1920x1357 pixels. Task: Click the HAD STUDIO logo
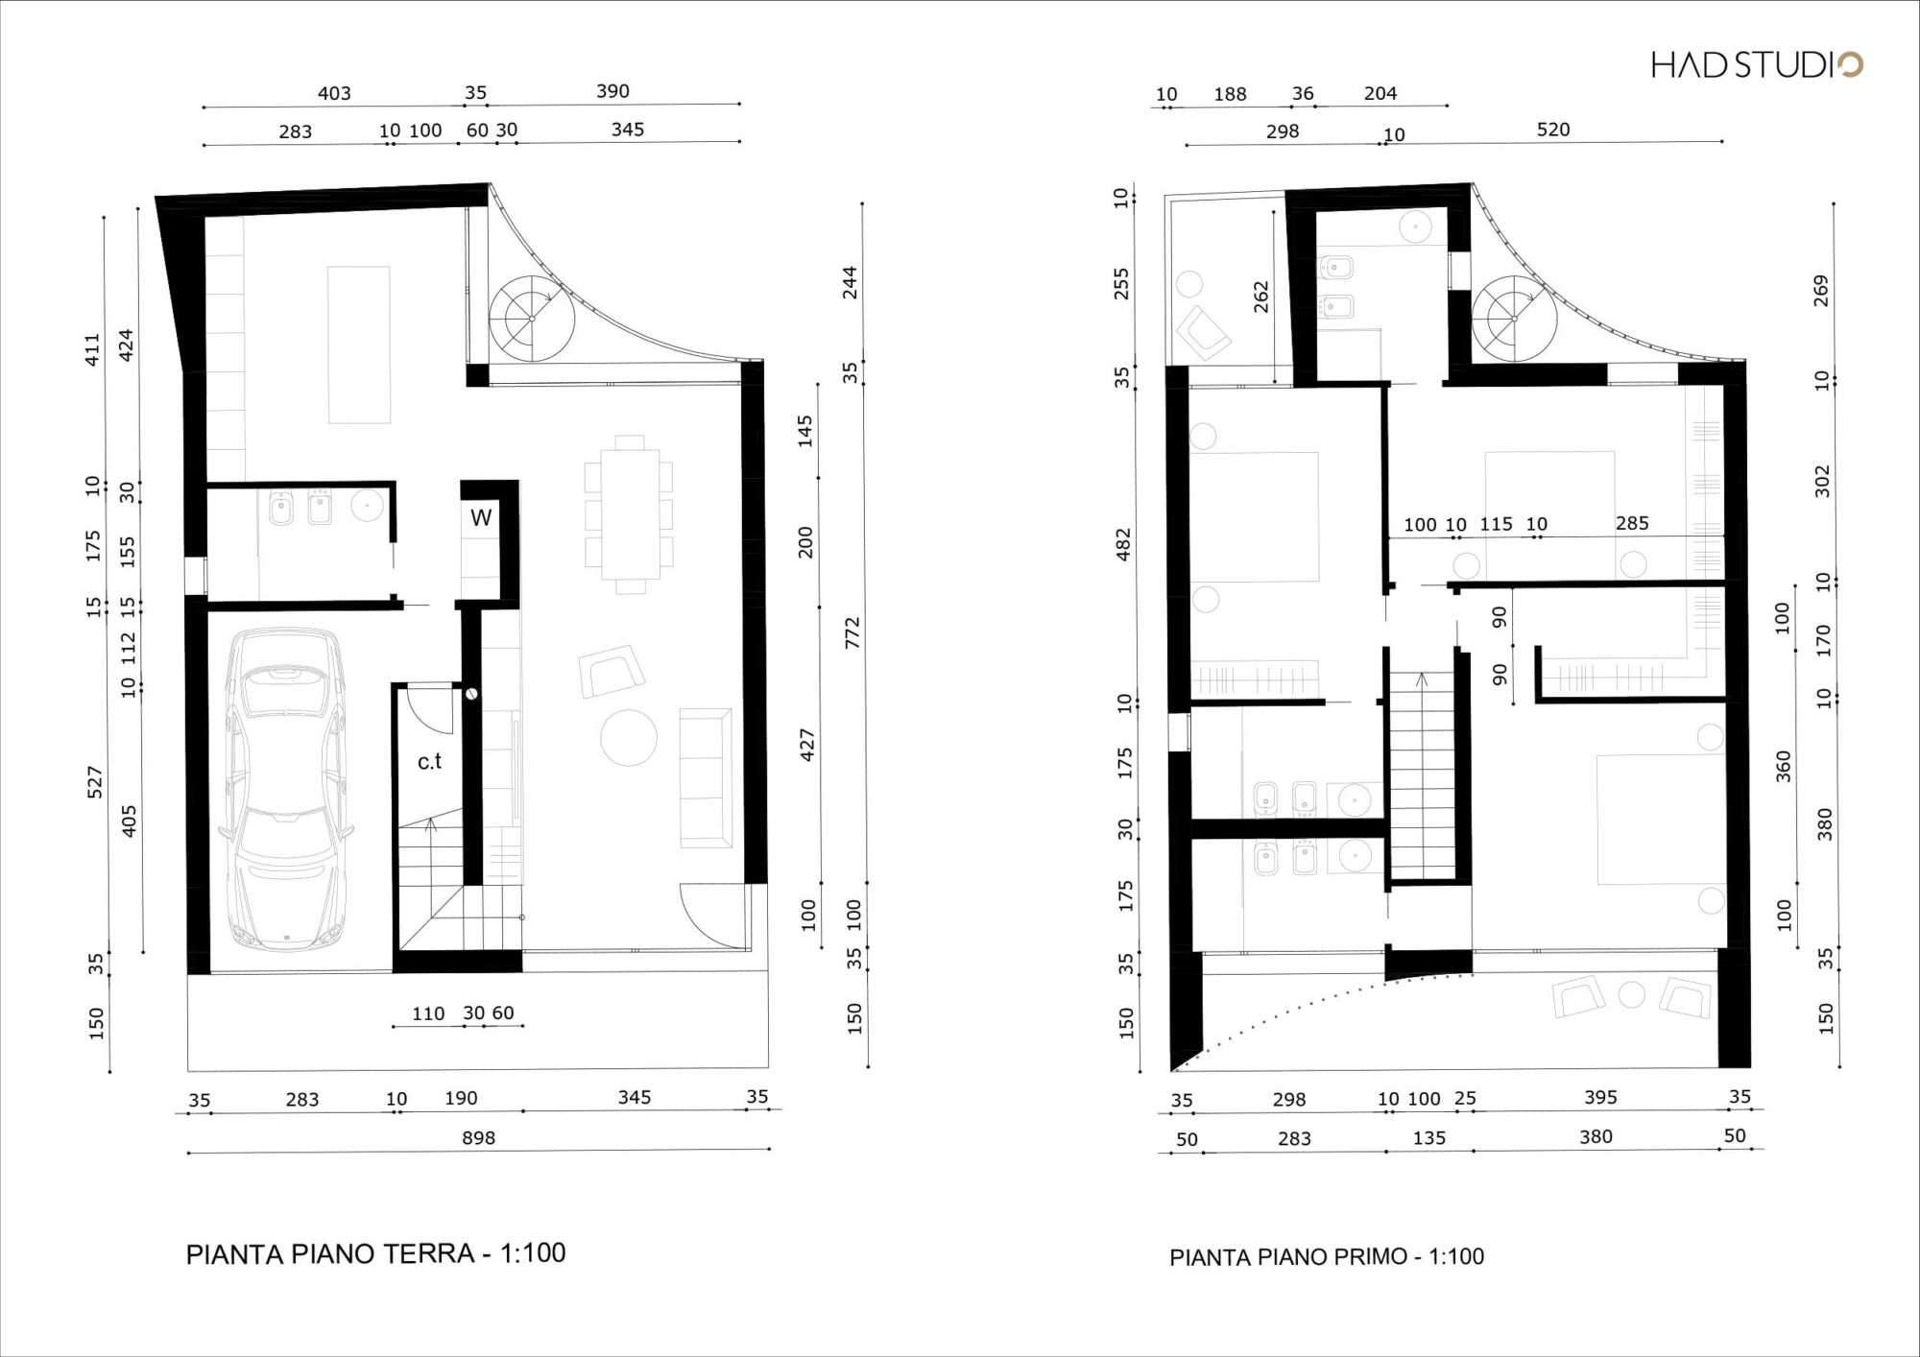point(1756,64)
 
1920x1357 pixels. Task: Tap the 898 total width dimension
point(478,1138)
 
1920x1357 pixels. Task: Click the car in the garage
point(285,789)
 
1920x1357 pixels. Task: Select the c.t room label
point(429,761)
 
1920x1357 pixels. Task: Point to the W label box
point(481,518)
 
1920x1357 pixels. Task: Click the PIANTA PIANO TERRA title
point(375,1253)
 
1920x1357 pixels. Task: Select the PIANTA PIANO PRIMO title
point(1327,1256)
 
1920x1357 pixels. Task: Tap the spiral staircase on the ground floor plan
point(532,319)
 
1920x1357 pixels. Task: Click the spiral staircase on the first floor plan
point(1515,319)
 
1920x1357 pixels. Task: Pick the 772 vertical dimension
point(852,632)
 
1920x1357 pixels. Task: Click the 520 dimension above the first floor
point(1552,130)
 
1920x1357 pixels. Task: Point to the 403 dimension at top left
point(334,93)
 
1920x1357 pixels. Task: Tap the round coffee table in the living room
point(629,738)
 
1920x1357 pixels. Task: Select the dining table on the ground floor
point(630,513)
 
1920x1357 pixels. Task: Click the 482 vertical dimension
point(1123,544)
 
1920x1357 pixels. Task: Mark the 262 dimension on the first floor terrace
point(1260,297)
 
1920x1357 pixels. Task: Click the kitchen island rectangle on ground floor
point(359,345)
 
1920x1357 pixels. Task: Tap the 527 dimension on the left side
point(94,782)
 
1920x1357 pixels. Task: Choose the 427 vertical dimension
point(806,746)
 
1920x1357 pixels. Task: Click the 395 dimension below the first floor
point(1600,1097)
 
